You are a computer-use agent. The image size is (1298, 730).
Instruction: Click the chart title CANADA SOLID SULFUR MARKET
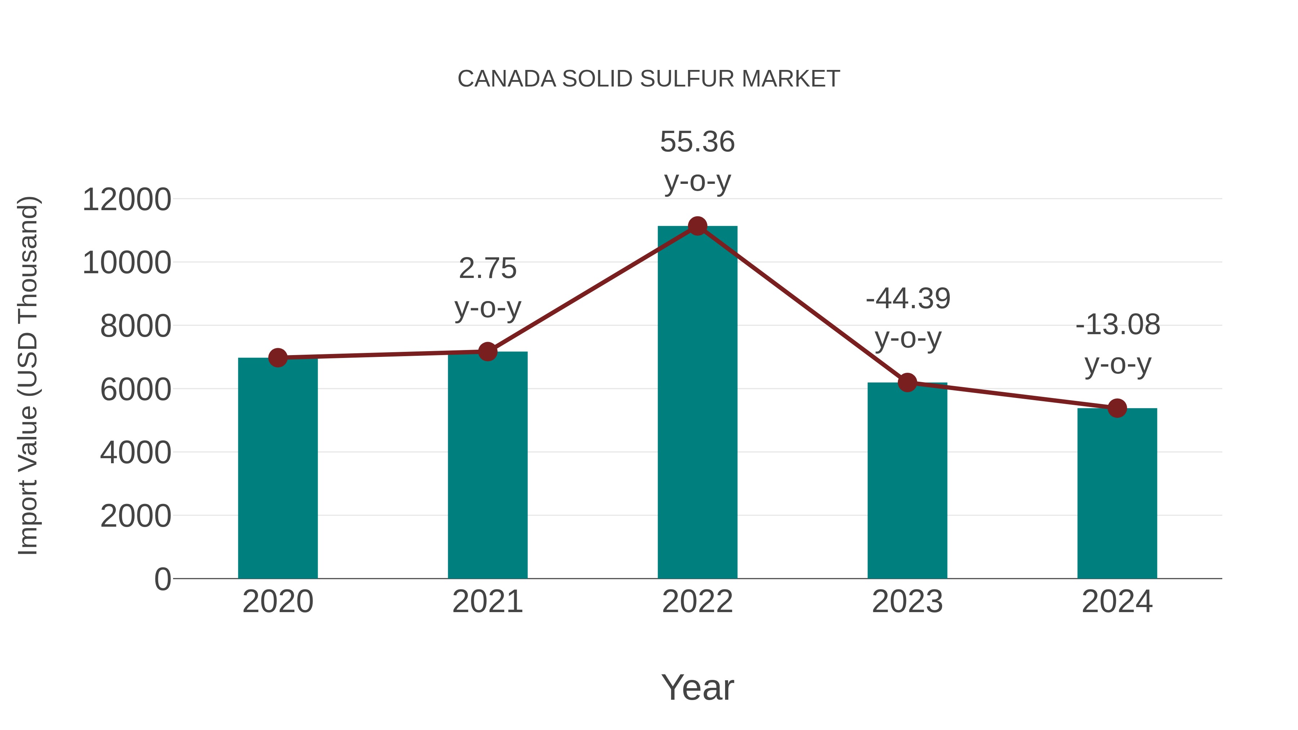[x=649, y=79]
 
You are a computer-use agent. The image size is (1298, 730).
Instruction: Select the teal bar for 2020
[x=278, y=469]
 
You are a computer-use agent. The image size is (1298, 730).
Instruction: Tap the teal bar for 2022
[x=697, y=403]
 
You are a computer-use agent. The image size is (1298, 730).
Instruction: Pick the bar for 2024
[x=1117, y=494]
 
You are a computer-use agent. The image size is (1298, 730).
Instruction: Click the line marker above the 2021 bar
[x=487, y=351]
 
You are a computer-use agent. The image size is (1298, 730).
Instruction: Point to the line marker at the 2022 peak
[x=697, y=226]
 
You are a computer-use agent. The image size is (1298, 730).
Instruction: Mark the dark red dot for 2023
[x=907, y=383]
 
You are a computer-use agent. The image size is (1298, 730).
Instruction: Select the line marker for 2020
[x=278, y=358]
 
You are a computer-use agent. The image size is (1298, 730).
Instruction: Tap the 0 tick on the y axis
[x=162, y=579]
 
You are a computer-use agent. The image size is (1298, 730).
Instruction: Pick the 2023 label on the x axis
[x=907, y=602]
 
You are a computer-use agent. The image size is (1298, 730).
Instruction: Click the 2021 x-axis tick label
[x=487, y=602]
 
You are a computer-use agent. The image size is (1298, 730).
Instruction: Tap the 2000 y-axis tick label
[x=136, y=516]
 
